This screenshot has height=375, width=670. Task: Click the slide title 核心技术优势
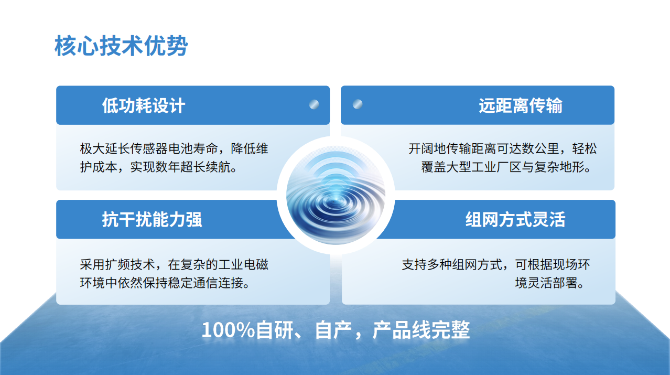pos(121,46)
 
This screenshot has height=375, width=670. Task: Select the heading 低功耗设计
pos(144,105)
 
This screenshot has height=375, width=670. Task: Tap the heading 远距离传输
pos(521,105)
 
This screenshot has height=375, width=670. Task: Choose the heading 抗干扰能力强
pos(152,219)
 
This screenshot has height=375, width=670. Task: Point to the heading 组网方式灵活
pos(515,219)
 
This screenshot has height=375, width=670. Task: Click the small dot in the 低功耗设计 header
pos(314,104)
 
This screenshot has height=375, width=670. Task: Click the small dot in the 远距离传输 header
pos(358,104)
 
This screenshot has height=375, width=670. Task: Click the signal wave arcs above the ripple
pos(336,168)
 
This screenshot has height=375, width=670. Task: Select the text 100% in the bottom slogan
pos(228,330)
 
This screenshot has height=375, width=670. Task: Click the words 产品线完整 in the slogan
pos(421,330)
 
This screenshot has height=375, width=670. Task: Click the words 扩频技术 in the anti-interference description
pos(130,264)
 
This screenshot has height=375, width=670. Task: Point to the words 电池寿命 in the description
pos(193,149)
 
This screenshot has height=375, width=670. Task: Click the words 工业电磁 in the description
pos(243,264)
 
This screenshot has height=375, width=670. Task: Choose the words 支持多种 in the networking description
pos(427,264)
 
